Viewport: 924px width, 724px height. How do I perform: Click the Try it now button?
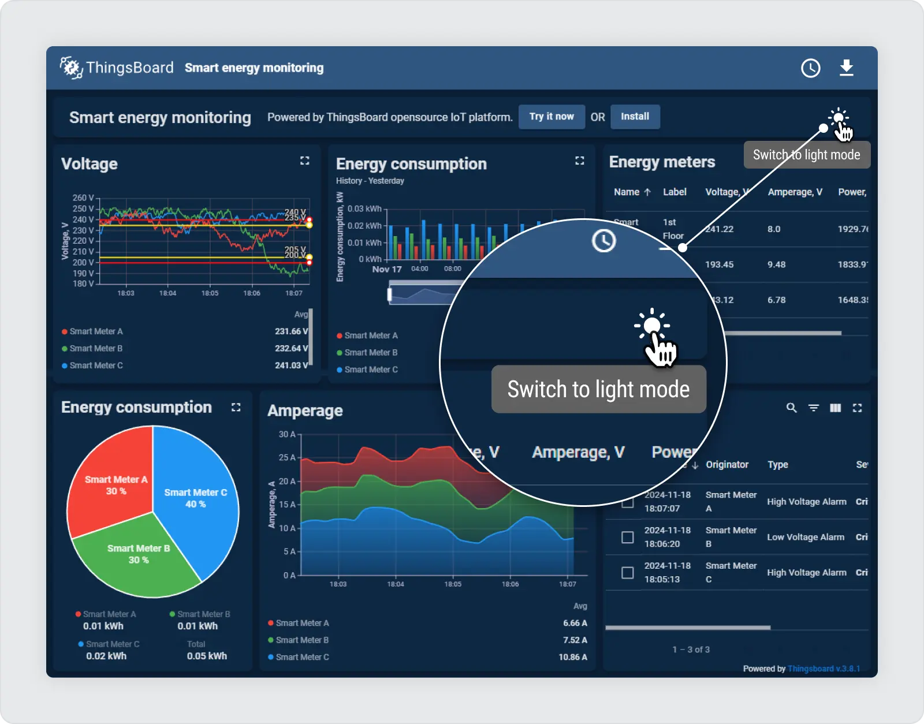552,117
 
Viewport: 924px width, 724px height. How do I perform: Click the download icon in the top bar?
846,68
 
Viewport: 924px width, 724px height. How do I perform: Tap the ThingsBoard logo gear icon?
71,68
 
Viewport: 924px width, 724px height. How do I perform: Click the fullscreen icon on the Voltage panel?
304,161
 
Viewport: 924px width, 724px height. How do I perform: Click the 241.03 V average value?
291,365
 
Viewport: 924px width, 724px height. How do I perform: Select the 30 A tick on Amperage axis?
287,434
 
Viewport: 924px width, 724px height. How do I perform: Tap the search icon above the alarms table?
791,408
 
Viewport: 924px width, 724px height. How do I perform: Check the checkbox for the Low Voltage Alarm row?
627,537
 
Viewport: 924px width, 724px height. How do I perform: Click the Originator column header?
726,465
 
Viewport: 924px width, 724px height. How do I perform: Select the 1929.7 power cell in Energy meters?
852,229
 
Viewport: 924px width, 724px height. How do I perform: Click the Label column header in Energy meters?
674,192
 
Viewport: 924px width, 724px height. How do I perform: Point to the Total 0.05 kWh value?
207,656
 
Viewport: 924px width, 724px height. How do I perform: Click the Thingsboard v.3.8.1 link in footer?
824,669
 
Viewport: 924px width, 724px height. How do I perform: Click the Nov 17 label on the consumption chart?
386,269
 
